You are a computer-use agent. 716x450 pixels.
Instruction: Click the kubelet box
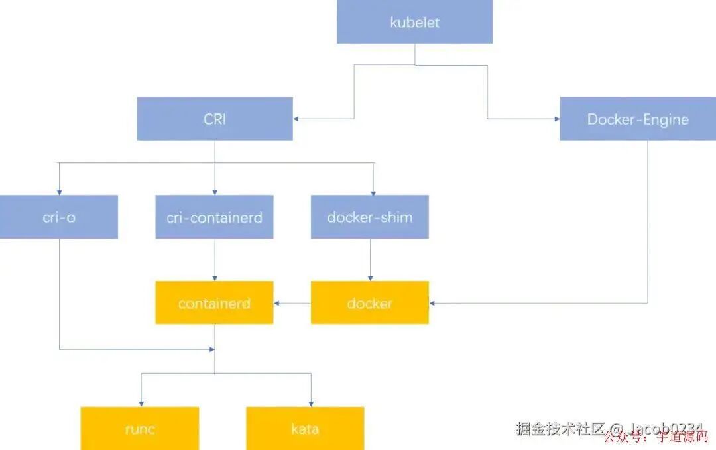coord(414,22)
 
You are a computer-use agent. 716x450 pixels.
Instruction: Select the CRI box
coord(215,119)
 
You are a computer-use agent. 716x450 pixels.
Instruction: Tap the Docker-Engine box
coord(637,119)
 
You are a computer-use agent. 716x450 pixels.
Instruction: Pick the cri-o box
coord(58,217)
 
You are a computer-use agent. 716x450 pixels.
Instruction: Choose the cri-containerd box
coord(214,217)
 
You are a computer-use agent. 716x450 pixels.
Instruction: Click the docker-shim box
coord(369,217)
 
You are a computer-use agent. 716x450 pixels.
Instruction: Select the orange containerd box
coord(214,303)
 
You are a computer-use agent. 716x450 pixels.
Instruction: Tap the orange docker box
coord(369,303)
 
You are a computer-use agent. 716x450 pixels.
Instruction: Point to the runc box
coord(140,428)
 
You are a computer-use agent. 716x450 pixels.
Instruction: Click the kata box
coord(305,428)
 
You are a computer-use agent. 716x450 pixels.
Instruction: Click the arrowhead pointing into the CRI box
coord(296,119)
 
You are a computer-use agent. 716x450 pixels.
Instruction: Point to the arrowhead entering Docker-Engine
coord(556,119)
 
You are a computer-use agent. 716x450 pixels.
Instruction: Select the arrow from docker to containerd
coord(292,304)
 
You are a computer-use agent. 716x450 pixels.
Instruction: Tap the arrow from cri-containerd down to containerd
coord(215,260)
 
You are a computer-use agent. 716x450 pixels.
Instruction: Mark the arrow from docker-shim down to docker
coord(370,260)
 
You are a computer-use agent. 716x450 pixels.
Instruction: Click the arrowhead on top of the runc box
coord(141,403)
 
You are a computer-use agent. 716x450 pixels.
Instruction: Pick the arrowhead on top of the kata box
coord(311,403)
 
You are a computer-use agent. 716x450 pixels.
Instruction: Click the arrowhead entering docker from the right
coord(433,304)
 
